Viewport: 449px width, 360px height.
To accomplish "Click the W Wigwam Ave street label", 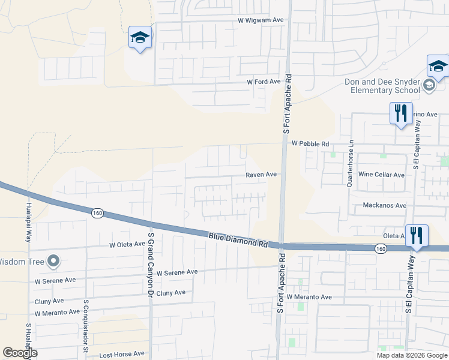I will [261, 20].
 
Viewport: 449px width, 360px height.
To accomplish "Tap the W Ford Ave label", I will [264, 82].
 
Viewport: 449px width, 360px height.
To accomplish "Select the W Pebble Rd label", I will [310, 144].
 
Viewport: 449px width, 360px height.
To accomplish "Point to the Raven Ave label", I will [261, 175].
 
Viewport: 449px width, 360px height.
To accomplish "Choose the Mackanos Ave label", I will [385, 206].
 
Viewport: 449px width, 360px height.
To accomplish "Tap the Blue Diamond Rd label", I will [238, 240].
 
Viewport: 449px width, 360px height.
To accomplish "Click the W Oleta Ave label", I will [127, 244].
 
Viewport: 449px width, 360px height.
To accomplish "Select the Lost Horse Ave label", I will [122, 354].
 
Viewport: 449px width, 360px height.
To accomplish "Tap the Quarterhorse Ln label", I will [352, 164].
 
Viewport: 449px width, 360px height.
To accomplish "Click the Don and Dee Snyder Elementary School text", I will [382, 86].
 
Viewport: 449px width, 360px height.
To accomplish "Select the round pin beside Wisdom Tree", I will [53, 261].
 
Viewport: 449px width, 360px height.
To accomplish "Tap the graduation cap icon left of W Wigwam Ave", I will [140, 38].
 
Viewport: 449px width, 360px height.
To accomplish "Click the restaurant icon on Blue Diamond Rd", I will [416, 235].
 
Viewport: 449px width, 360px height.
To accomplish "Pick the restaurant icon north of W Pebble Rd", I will [400, 113].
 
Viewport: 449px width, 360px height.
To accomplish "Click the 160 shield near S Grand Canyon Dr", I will [97, 213].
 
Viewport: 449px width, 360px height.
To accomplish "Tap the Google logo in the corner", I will [20, 353].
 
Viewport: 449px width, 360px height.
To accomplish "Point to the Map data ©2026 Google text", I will [411, 355].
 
